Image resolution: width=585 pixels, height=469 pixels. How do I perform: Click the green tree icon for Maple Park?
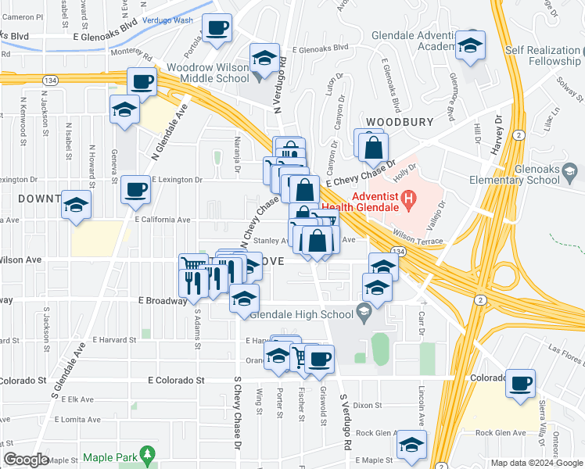(x=146, y=454)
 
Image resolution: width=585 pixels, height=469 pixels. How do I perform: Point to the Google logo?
(x=26, y=460)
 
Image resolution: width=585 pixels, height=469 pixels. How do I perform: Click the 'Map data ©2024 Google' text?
(x=535, y=463)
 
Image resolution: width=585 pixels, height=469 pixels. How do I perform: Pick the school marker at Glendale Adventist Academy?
(x=470, y=45)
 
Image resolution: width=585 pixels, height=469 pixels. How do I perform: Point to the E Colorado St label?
(x=176, y=381)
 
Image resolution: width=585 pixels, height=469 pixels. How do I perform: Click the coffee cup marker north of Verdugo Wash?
(x=217, y=28)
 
